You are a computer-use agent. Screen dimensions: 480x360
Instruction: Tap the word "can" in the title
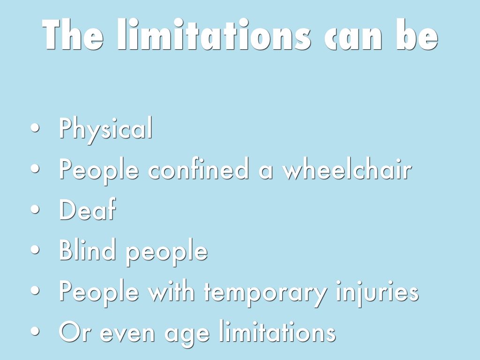point(353,38)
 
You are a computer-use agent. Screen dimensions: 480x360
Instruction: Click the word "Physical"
point(105,128)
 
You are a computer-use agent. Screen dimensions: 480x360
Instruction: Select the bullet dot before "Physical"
point(35,128)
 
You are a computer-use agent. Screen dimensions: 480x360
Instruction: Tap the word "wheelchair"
point(347,168)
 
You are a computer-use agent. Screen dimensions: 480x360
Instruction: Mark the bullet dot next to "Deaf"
point(35,210)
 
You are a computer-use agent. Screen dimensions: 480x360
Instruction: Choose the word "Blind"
point(87,249)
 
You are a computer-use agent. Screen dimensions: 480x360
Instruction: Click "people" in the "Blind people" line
point(167,252)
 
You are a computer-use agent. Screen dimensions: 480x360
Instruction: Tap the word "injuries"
point(377,293)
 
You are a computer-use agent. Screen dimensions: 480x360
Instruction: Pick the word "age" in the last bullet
point(187,334)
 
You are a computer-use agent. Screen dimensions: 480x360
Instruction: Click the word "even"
point(127,333)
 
